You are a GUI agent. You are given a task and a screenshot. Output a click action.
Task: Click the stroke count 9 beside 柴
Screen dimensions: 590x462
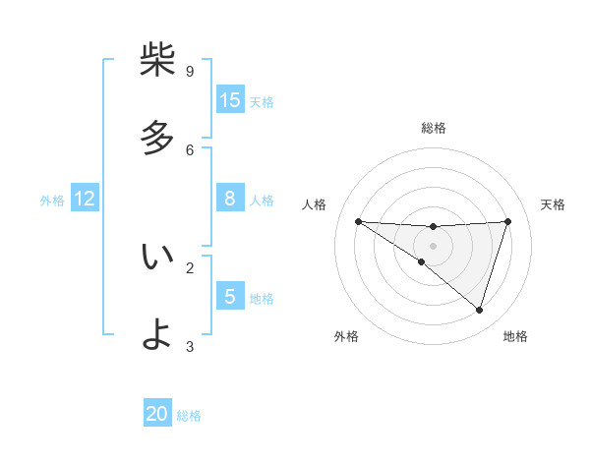click(190, 71)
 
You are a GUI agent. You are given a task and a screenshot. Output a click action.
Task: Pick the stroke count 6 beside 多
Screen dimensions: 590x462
click(190, 149)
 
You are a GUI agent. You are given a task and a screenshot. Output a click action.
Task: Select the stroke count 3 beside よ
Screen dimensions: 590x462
click(190, 346)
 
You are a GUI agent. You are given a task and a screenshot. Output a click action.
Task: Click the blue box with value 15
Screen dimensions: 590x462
click(230, 100)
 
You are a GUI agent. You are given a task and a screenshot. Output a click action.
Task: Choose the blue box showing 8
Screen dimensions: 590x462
click(230, 199)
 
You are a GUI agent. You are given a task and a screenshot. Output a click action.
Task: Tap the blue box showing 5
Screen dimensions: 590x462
click(230, 297)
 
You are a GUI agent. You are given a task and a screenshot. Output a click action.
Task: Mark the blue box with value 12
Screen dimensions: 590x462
click(85, 199)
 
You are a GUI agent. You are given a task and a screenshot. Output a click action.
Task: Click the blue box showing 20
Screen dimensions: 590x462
click(157, 414)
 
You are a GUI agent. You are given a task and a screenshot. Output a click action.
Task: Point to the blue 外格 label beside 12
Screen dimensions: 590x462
click(52, 201)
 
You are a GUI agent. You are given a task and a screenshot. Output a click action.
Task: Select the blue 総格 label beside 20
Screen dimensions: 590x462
click(189, 416)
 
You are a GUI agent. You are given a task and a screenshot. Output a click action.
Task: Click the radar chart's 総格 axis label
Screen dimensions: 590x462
click(434, 128)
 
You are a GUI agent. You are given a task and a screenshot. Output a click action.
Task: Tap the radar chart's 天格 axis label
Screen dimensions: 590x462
click(554, 204)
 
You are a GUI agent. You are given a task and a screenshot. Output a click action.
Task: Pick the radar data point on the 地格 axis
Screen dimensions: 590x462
click(480, 310)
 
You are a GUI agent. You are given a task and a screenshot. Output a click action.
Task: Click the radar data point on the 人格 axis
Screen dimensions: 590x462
click(358, 221)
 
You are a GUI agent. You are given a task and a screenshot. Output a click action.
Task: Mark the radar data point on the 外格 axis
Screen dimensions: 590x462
click(421, 262)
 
